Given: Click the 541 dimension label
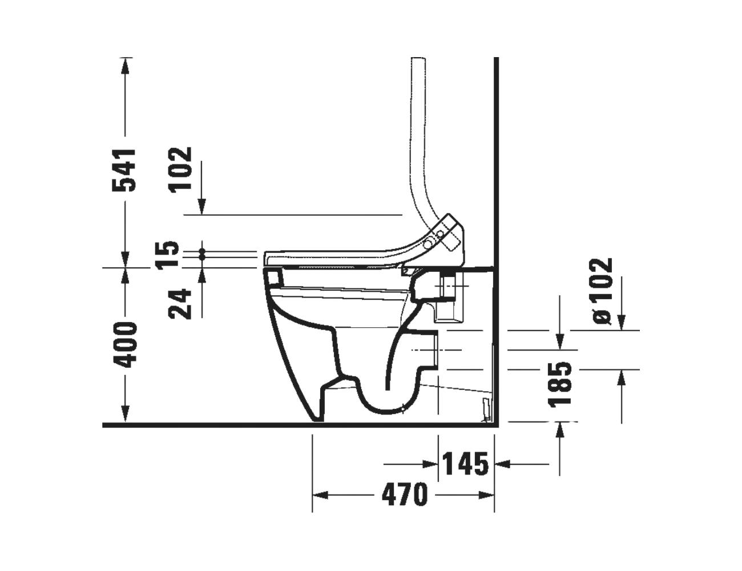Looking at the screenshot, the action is [x=124, y=170].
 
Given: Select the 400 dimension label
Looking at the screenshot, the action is [x=125, y=345].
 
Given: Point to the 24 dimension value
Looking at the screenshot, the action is [x=180, y=304].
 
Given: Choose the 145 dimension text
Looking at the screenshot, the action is [x=466, y=464].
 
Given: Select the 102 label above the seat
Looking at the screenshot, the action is [x=180, y=170].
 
